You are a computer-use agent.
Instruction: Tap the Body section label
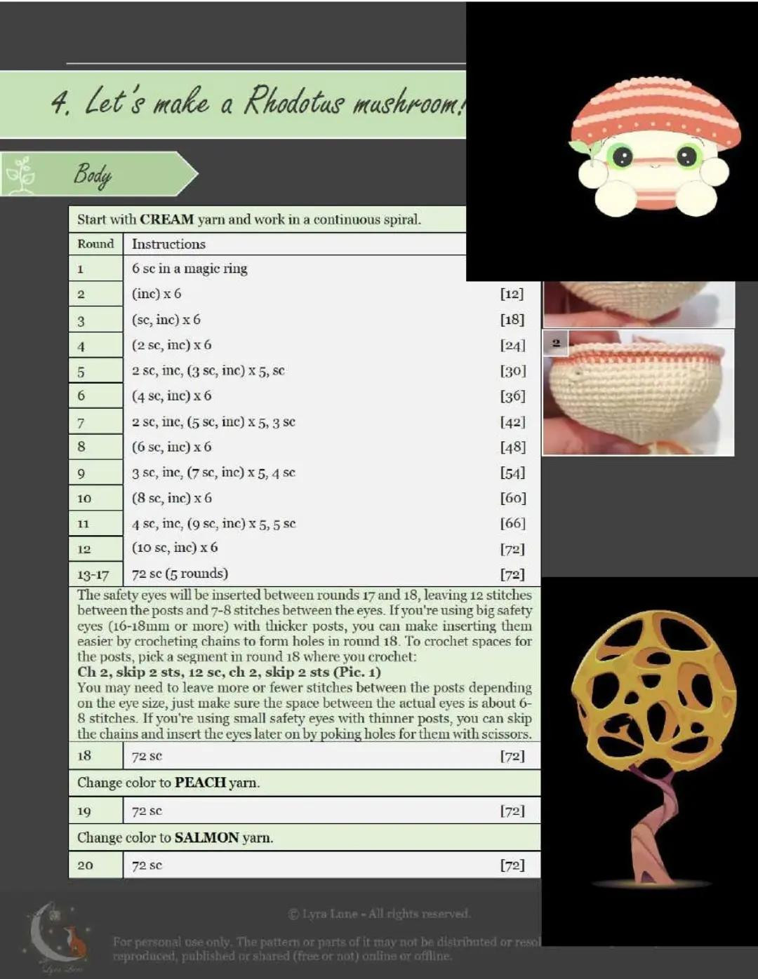[x=93, y=174]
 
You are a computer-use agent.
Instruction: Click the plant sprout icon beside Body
[x=21, y=174]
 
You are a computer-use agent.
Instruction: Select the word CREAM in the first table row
[x=166, y=220]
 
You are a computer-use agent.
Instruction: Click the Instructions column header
[x=168, y=244]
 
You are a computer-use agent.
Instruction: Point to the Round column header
[x=95, y=244]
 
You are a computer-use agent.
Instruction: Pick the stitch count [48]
[x=512, y=447]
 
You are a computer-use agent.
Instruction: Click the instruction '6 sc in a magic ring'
[x=189, y=269]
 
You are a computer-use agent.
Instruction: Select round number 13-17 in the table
[x=93, y=575]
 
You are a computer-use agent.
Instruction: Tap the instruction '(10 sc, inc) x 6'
[x=175, y=548]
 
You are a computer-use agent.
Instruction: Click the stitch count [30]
[x=512, y=370]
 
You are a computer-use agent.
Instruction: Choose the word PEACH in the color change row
[x=200, y=783]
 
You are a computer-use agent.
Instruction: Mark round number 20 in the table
[x=85, y=865]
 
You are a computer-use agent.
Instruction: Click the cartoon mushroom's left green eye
[x=622, y=156]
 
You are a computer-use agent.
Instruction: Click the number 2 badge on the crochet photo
[x=556, y=343]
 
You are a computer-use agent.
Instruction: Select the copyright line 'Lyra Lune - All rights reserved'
[x=379, y=914]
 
